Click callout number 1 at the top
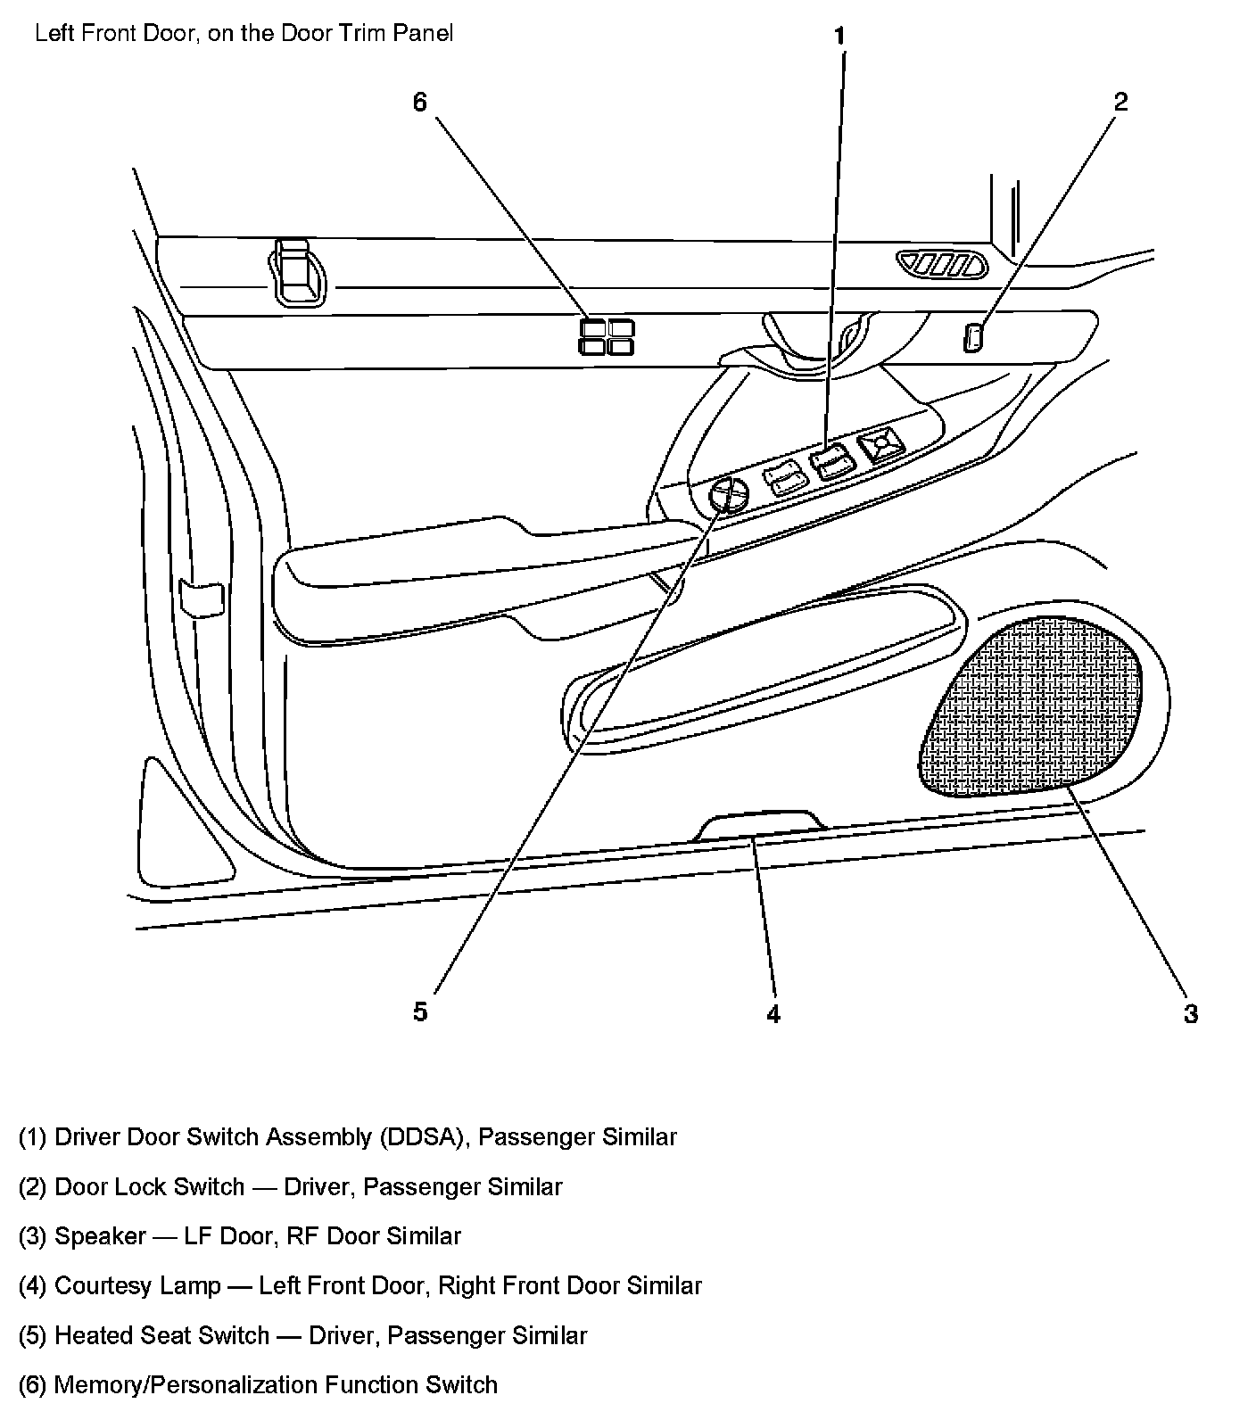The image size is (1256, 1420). coord(839,37)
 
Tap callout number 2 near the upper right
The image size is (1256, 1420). coord(1120,102)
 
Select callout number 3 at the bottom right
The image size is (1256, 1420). coord(1190,1013)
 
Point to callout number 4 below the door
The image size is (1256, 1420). coord(773,1013)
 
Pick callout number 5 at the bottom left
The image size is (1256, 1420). coord(420,1011)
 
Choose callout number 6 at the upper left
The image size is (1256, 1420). coord(419,103)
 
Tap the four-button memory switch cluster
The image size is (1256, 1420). coord(607,336)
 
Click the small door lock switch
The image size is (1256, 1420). coord(973,338)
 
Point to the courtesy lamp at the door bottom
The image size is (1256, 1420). coord(758,825)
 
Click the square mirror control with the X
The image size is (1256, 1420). coord(880,446)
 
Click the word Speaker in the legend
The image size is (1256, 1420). coord(100,1236)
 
